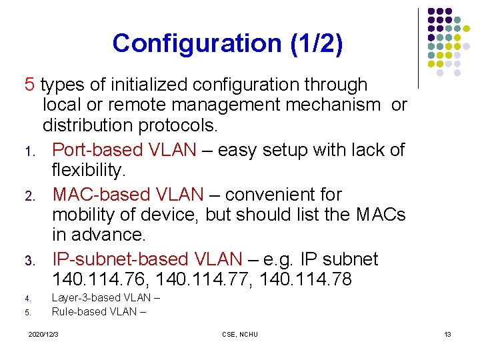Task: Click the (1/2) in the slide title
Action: coord(317,44)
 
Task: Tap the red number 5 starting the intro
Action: coord(29,85)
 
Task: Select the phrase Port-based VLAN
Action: coord(124,149)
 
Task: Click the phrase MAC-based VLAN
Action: coord(128,194)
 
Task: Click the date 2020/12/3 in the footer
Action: coord(43,334)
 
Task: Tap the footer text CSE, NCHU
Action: coord(240,334)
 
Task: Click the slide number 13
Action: coord(447,334)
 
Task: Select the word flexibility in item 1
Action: coord(89,171)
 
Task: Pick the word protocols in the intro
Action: coord(180,126)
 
